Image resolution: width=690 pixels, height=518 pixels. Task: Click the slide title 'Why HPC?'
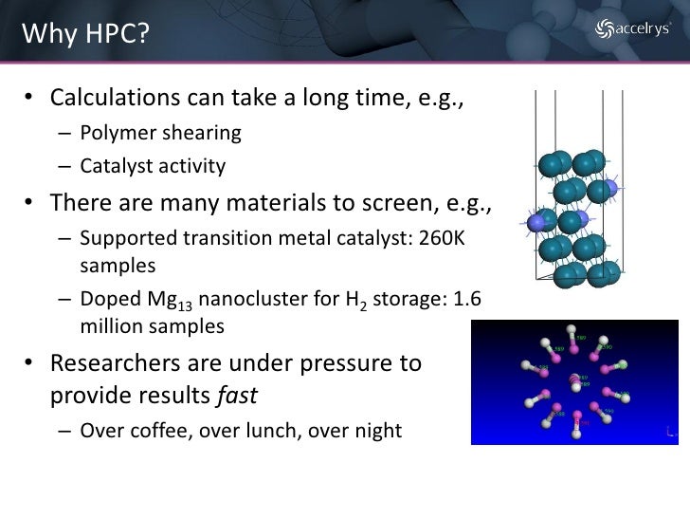83,35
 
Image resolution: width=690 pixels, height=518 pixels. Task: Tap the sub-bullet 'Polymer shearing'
160,132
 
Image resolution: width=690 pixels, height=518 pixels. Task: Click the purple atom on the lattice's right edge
611,190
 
